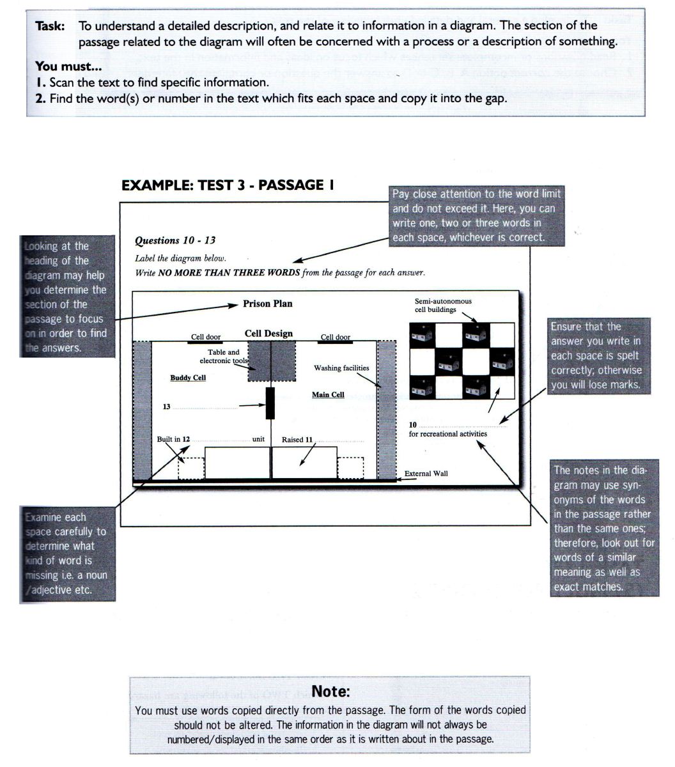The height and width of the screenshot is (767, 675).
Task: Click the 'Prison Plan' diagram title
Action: click(x=267, y=304)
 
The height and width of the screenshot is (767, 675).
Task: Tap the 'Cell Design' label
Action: click(x=268, y=334)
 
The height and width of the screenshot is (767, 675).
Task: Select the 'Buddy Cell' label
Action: click(x=188, y=378)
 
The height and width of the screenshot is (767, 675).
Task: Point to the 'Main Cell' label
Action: click(x=328, y=394)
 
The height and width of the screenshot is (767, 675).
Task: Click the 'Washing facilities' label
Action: click(x=341, y=368)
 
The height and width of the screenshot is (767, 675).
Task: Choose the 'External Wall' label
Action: click(x=426, y=474)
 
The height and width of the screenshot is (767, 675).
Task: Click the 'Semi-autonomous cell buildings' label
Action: click(x=443, y=305)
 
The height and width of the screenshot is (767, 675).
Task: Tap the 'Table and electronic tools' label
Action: click(x=224, y=357)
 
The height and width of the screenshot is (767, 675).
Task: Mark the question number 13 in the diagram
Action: click(x=167, y=407)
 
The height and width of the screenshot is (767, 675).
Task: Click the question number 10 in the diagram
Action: click(x=413, y=425)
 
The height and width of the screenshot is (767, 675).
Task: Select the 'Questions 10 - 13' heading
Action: click(x=175, y=241)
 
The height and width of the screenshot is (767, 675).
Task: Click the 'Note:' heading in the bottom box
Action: click(x=330, y=692)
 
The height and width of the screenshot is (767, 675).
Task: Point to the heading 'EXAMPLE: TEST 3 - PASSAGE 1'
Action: click(x=228, y=185)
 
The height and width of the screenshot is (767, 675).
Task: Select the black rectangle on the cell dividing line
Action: click(x=270, y=403)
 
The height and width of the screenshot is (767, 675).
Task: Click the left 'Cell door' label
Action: click(x=206, y=337)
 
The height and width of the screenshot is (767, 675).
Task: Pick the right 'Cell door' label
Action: click(x=335, y=337)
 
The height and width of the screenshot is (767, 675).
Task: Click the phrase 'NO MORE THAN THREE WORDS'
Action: click(x=228, y=273)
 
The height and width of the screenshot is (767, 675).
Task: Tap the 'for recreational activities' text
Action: click(x=447, y=434)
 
